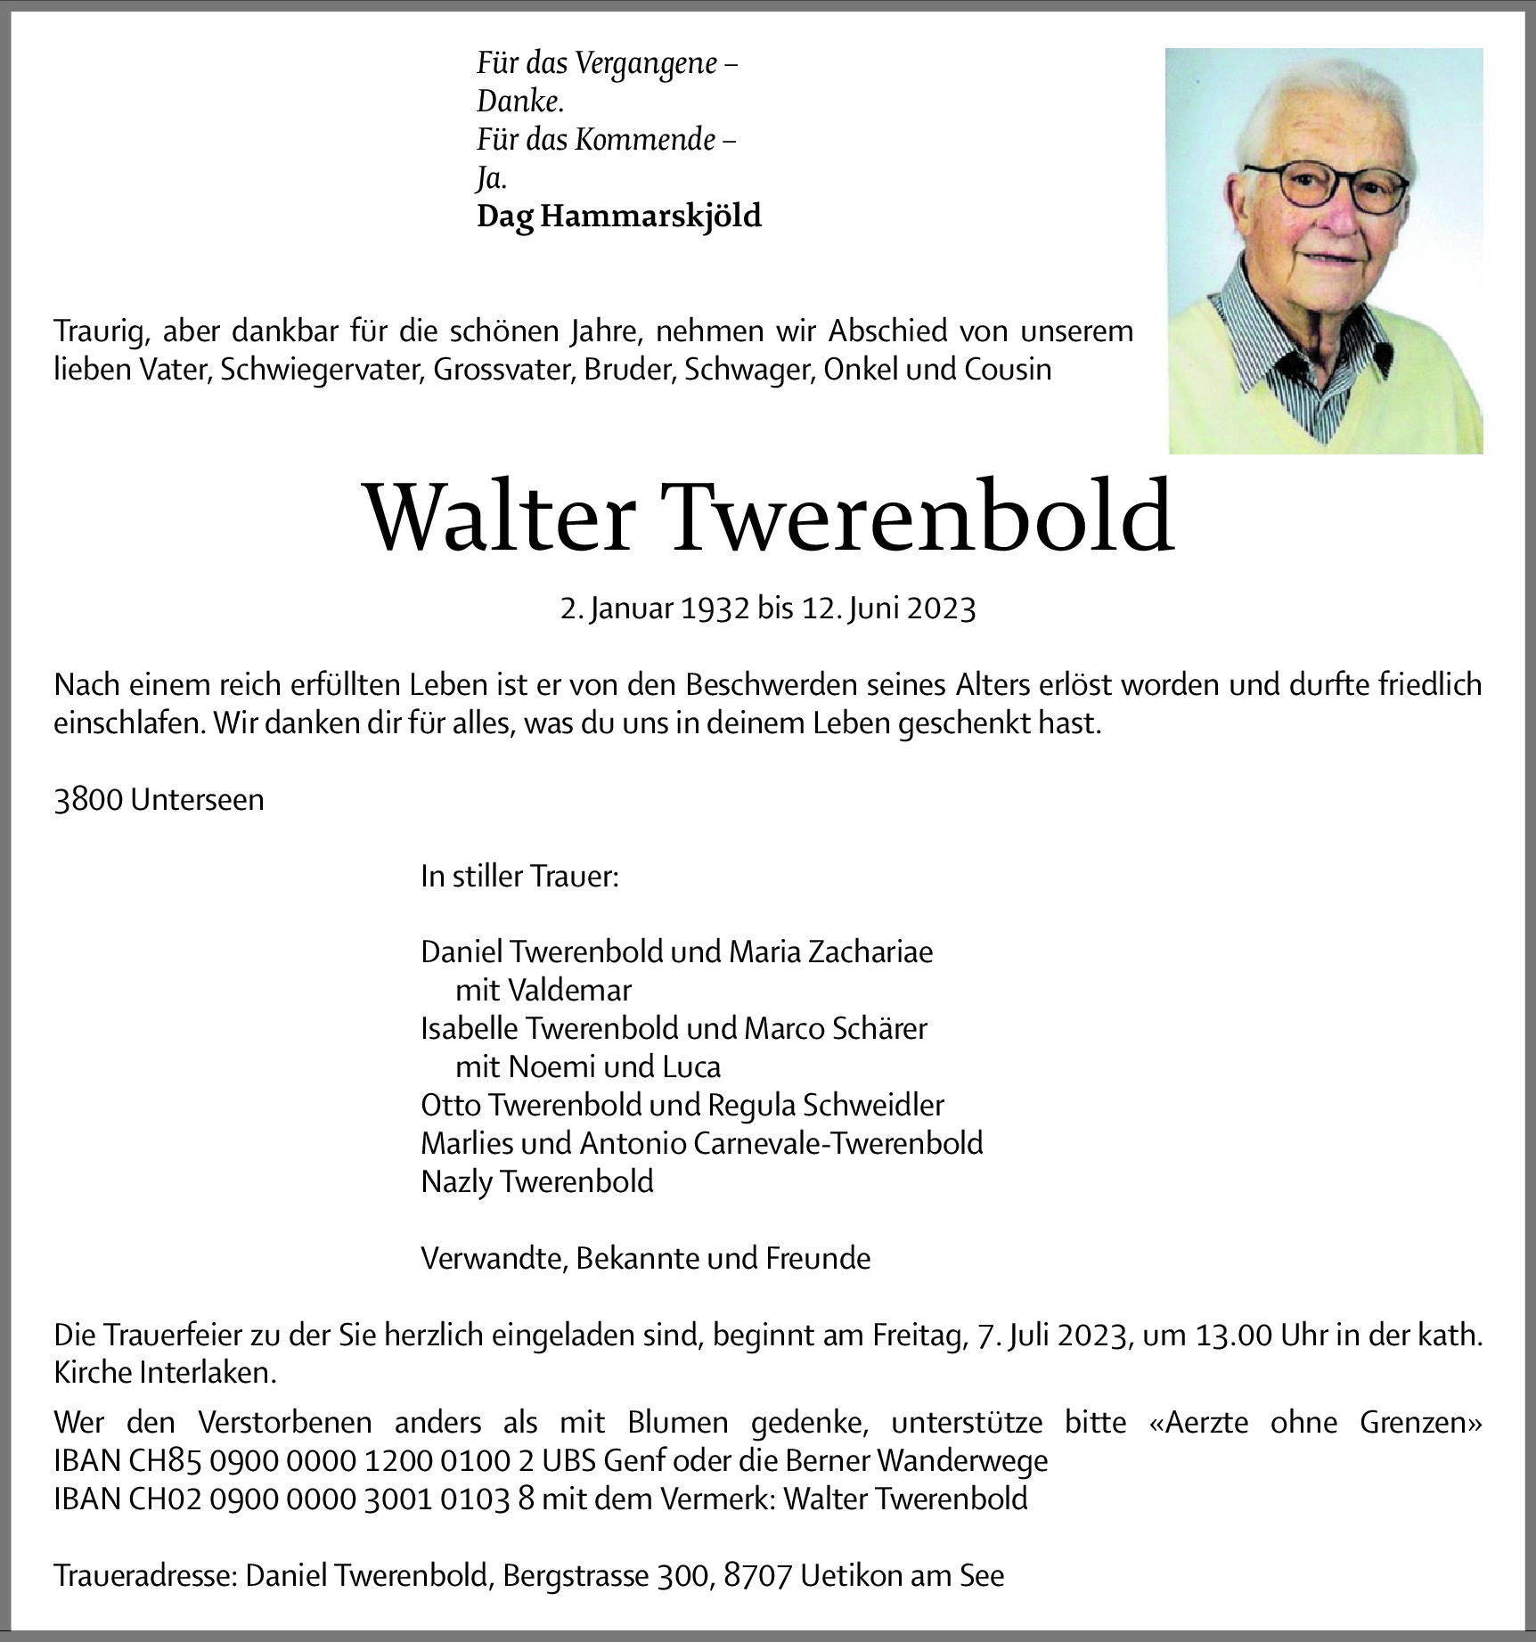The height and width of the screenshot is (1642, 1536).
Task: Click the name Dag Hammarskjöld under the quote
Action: pos(619,216)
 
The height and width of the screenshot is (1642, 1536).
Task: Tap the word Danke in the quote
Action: pos(519,102)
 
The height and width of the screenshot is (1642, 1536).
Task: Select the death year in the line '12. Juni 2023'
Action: pos(943,609)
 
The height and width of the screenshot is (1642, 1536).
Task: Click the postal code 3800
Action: pos(88,800)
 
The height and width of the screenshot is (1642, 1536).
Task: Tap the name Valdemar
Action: pos(570,990)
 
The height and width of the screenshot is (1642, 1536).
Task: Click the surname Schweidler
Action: pos(873,1105)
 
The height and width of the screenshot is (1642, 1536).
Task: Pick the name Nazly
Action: pos(457,1181)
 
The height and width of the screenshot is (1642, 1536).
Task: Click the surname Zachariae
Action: pos(870,952)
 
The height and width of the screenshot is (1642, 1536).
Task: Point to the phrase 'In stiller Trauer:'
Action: pos(519,877)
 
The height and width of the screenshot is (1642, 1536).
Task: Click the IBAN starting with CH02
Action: pos(295,1499)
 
